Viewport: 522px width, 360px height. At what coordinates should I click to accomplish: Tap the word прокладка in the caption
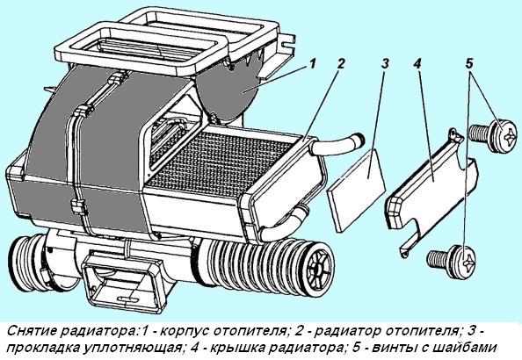pos(48,348)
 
